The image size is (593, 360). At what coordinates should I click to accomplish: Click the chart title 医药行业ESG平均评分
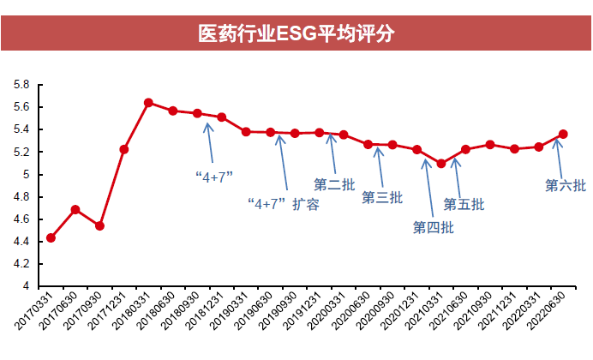[x=296, y=34]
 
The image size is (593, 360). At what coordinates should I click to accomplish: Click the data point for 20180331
[x=148, y=103]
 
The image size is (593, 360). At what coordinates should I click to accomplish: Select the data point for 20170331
[x=51, y=237]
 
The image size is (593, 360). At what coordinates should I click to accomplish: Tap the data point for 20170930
[x=99, y=225]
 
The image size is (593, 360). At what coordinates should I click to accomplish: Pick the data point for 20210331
[x=441, y=163]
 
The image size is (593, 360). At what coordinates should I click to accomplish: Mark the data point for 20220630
[x=563, y=134]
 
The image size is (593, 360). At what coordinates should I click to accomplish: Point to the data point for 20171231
[x=124, y=149]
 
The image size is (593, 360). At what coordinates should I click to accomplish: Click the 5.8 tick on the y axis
[x=21, y=85]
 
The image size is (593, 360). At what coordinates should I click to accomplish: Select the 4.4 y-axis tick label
[x=21, y=242]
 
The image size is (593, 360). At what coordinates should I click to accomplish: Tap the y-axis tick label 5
[x=26, y=175]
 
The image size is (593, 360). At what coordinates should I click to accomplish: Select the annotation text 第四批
[x=433, y=227]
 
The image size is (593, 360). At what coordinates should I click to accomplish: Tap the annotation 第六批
[x=566, y=184]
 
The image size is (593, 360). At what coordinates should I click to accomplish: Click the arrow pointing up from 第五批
[x=456, y=171]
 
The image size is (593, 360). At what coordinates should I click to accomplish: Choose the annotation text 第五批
[x=464, y=204]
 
